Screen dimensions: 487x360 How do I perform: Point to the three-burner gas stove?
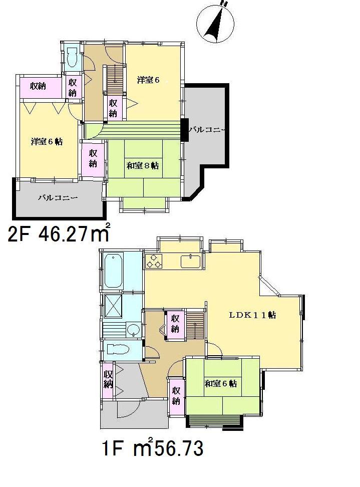point(154,261)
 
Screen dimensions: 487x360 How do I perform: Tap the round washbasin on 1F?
point(133,330)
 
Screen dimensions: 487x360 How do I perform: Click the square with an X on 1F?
point(114,305)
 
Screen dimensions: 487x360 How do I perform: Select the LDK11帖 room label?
point(253,316)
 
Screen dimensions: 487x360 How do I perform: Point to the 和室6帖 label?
point(221,383)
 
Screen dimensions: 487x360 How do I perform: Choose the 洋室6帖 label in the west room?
point(47,142)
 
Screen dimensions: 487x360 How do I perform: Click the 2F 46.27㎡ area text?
point(59,234)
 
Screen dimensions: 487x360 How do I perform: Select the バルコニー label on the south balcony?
point(58,198)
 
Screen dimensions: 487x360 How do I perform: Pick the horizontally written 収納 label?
point(38,86)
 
